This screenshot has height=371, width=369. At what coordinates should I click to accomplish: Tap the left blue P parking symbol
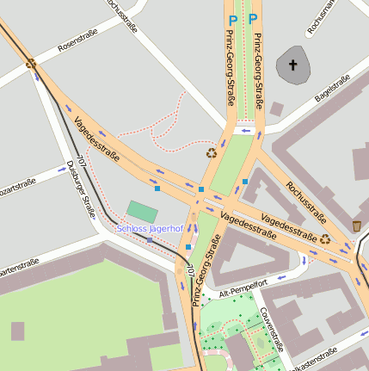[x=232, y=19]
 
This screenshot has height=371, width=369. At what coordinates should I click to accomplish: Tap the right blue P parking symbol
[x=253, y=19]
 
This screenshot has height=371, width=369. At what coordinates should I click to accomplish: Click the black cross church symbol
[x=292, y=65]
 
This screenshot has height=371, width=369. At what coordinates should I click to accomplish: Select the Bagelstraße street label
[x=332, y=90]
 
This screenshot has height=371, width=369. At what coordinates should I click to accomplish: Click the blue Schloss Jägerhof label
[x=150, y=229]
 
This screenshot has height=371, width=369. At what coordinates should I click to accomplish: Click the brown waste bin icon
[x=356, y=226]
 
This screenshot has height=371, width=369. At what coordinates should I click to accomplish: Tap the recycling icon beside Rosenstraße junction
[x=32, y=63]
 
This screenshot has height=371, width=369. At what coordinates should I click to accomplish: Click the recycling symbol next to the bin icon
[x=325, y=239]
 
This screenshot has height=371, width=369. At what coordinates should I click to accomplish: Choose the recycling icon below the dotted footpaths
[x=212, y=153]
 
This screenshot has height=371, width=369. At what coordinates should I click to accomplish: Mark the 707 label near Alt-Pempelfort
[x=189, y=271]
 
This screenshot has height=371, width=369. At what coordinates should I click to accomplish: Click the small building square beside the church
[x=276, y=109]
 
